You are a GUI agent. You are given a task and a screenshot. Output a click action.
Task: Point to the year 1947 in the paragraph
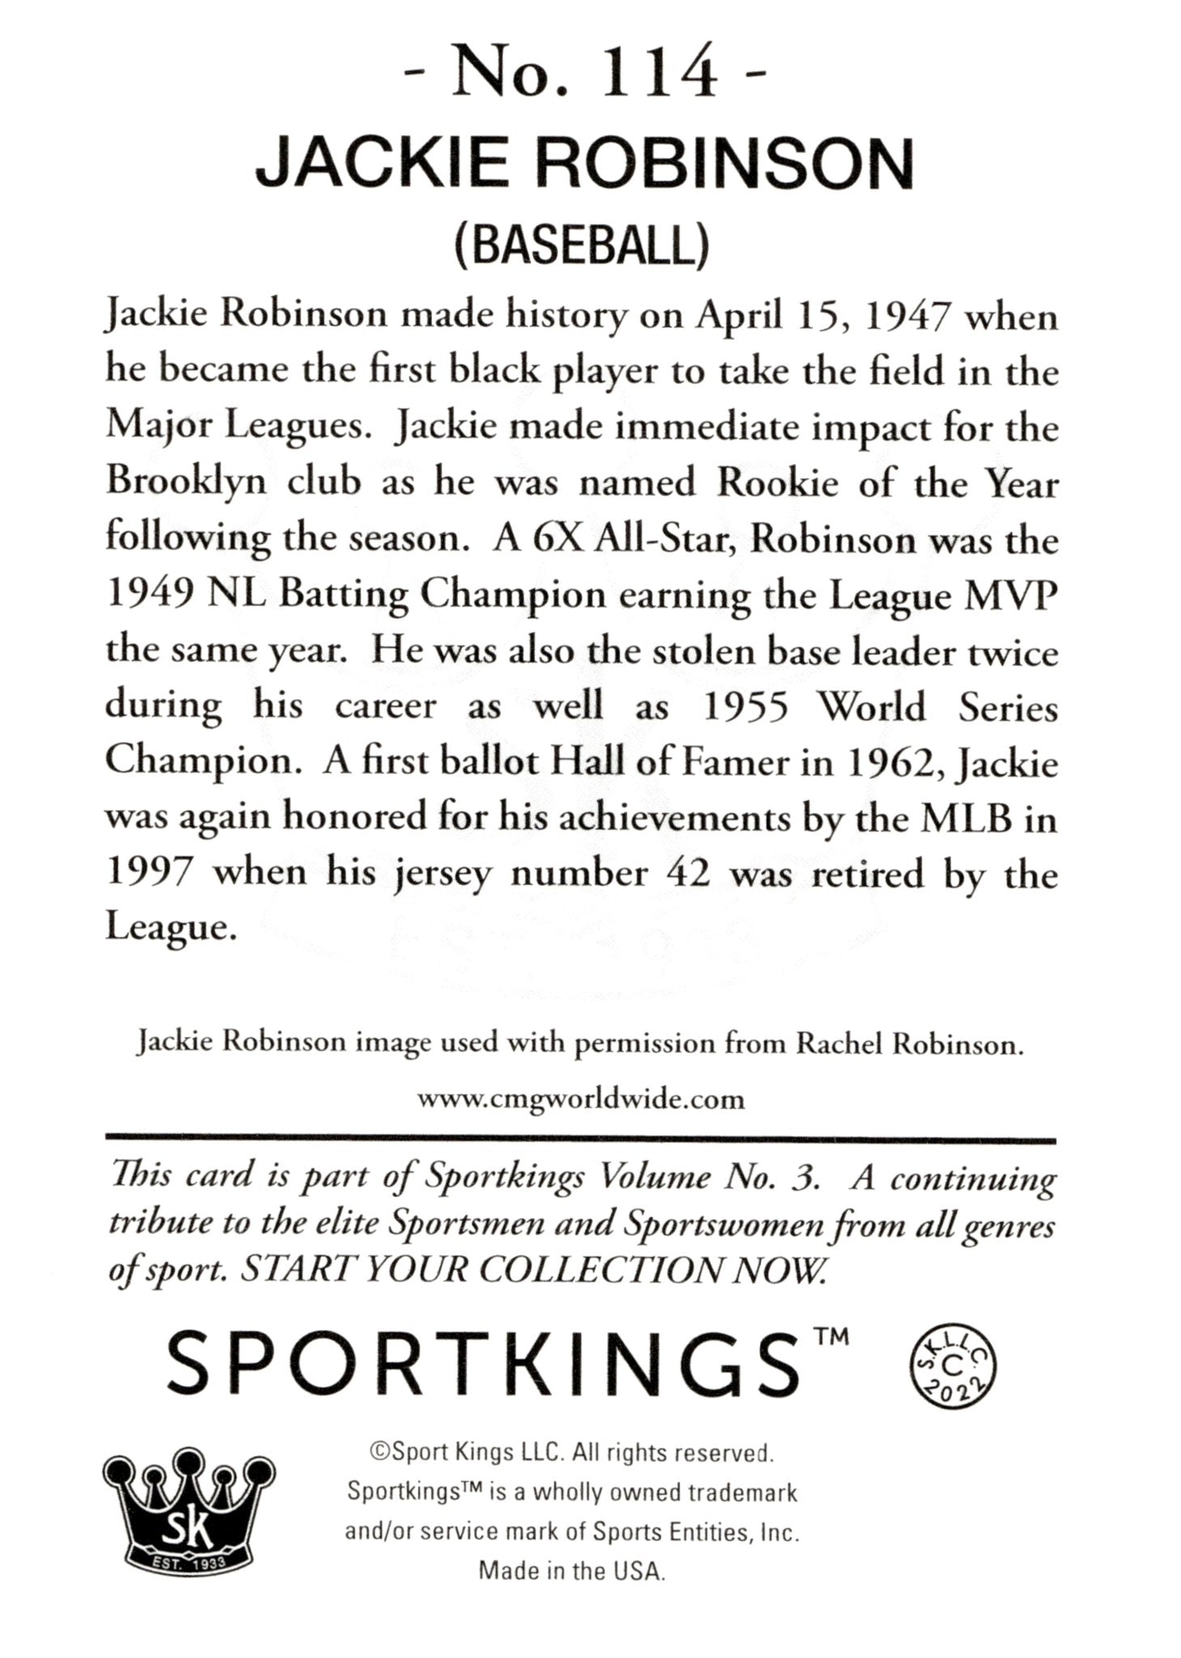[905, 316]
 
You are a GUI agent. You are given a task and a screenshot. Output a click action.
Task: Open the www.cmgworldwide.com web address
[580, 1099]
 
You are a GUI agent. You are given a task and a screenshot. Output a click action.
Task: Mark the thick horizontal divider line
[580, 1141]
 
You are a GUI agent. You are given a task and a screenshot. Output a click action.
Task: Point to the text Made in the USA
[571, 1571]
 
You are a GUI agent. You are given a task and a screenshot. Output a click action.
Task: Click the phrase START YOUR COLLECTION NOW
[534, 1269]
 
